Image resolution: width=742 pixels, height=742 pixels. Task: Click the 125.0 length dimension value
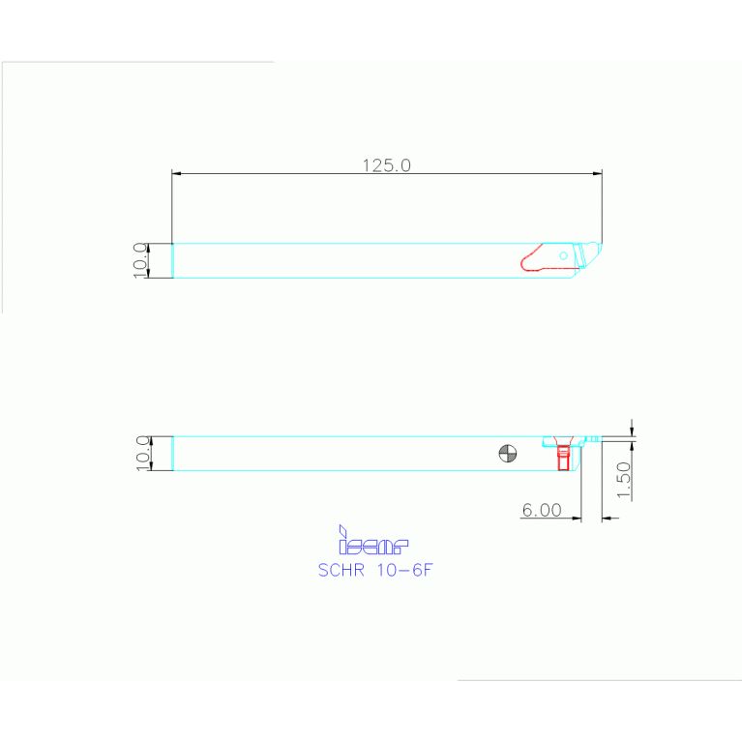coord(387,165)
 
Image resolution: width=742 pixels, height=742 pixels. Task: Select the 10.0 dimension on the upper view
coord(139,260)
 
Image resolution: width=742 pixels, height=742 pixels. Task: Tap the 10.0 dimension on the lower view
coord(141,453)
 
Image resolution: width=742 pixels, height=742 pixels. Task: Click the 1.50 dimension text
coord(624,480)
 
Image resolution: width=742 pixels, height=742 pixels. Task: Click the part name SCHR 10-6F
coord(374,570)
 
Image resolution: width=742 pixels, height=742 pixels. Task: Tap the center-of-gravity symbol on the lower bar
coord(508,453)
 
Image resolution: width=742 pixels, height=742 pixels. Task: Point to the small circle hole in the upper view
coord(564,254)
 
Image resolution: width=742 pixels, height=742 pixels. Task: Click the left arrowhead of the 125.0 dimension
coord(176,174)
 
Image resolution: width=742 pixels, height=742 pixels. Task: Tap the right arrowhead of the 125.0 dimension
coord(598,174)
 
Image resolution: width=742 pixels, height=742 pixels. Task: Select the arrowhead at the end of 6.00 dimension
coord(577,519)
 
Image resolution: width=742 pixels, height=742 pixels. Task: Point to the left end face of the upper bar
coord(172,260)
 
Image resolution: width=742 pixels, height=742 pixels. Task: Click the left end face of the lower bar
coord(172,453)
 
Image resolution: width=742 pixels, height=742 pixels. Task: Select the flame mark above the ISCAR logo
coord(341,529)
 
